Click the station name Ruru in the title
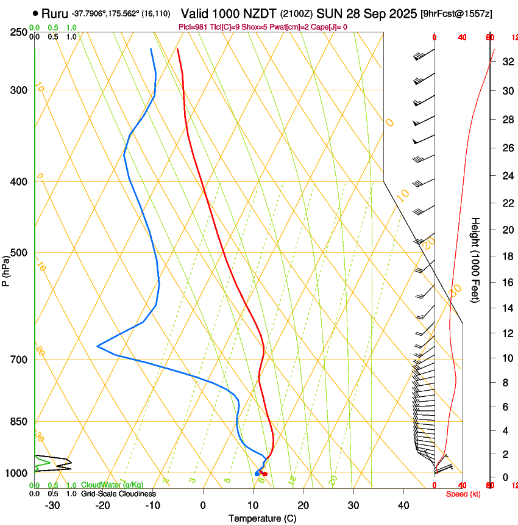pyautogui.click(x=54, y=12)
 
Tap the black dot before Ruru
pyautogui.click(x=35, y=12)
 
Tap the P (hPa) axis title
pyautogui.click(x=6, y=269)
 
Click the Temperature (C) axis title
pyautogui.click(x=262, y=518)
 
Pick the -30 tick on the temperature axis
pyautogui.click(x=52, y=505)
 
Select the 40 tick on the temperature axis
pyautogui.click(x=403, y=505)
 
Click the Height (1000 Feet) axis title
pyautogui.click(x=476, y=259)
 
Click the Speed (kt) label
pyautogui.click(x=463, y=494)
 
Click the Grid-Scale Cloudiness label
pyautogui.click(x=118, y=494)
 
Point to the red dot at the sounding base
pyautogui.click(x=264, y=474)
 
